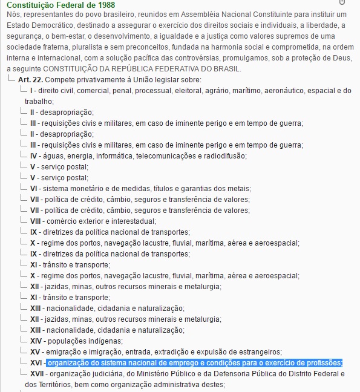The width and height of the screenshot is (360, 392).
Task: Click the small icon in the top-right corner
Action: tap(342, 3)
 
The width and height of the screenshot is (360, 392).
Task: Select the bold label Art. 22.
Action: tap(30, 80)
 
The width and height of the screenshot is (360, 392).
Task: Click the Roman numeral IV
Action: tap(34, 155)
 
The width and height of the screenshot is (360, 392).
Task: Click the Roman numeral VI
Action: tap(34, 189)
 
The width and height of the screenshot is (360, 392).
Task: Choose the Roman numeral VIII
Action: tap(35, 221)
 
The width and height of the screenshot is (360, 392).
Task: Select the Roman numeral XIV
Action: tap(36, 341)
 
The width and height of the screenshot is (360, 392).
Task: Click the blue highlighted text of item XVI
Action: tap(194, 363)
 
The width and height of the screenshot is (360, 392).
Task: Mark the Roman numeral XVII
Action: tap(37, 374)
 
